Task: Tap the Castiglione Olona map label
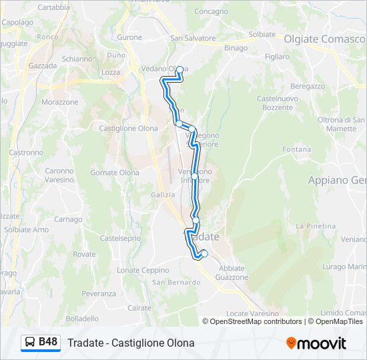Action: [x=128, y=129]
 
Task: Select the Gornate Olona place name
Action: [x=115, y=173]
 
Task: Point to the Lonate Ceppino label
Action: [x=143, y=270]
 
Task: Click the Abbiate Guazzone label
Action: [x=233, y=273]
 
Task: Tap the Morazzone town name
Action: [x=60, y=102]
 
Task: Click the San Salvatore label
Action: [x=193, y=39]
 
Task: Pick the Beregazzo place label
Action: [x=308, y=86]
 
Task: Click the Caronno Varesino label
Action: [x=59, y=175]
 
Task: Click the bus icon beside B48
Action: [x=30, y=343]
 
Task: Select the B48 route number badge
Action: [x=48, y=343]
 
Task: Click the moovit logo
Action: [x=316, y=343]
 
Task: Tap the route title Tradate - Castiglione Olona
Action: [x=131, y=343]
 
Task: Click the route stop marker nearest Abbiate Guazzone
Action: [x=204, y=253]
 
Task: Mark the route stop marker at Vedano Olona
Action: [x=179, y=69]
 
